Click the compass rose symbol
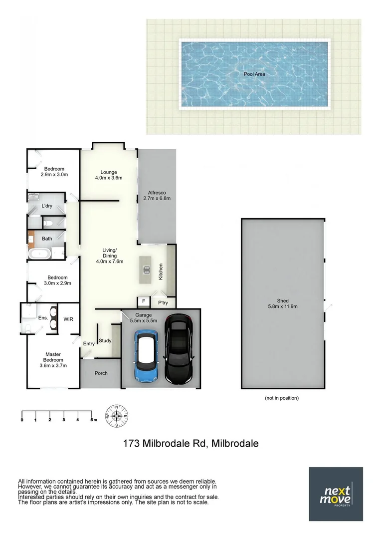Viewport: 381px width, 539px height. (117, 415)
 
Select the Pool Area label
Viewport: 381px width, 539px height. (254, 74)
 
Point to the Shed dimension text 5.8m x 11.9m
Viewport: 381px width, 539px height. (283, 306)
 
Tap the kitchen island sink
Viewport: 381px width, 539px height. (147, 270)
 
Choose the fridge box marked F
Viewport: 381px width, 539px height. (144, 301)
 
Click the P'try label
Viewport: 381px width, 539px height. (163, 302)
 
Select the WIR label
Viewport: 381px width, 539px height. (68, 318)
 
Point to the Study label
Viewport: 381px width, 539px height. (105, 341)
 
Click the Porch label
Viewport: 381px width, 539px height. (101, 373)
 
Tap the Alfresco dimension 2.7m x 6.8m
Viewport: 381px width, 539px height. (157, 198)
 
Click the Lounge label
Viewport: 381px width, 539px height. (109, 172)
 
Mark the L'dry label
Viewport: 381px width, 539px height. (47, 206)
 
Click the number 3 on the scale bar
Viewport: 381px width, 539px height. (64, 420)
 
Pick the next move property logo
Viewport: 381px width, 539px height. (336, 494)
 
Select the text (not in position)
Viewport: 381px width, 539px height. (282, 398)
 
